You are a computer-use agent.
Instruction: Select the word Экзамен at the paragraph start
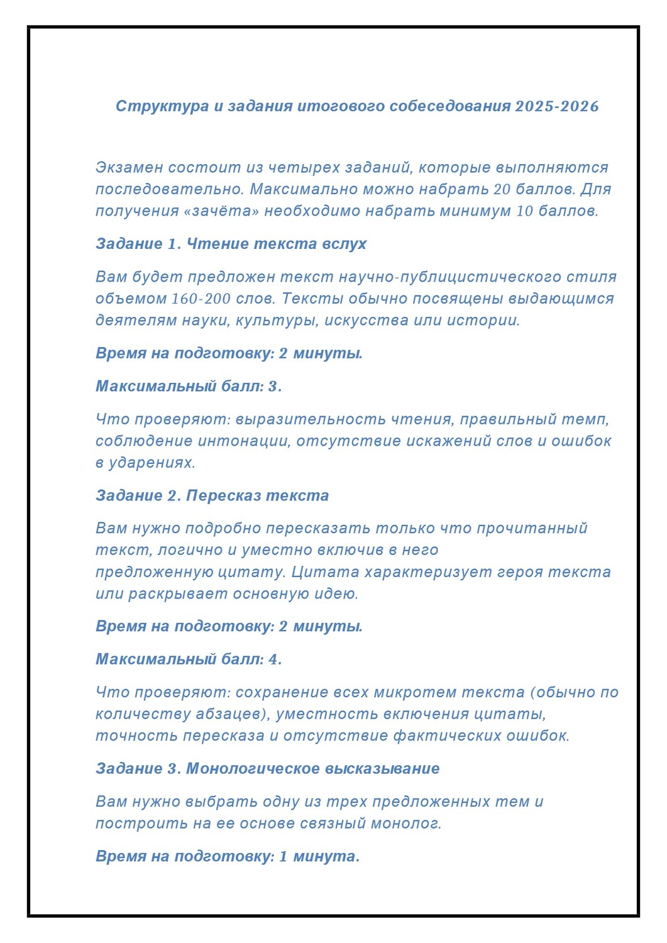[x=129, y=168]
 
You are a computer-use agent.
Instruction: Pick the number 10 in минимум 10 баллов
[x=524, y=211]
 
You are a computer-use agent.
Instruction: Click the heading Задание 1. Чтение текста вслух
[x=231, y=244]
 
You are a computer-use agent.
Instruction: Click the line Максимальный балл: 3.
[x=189, y=386]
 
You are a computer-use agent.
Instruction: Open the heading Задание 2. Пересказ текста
[x=212, y=495]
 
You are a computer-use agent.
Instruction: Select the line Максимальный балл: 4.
[x=189, y=659]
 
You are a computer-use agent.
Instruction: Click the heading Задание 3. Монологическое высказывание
[x=267, y=769]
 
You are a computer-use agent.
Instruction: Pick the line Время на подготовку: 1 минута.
[x=228, y=856]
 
